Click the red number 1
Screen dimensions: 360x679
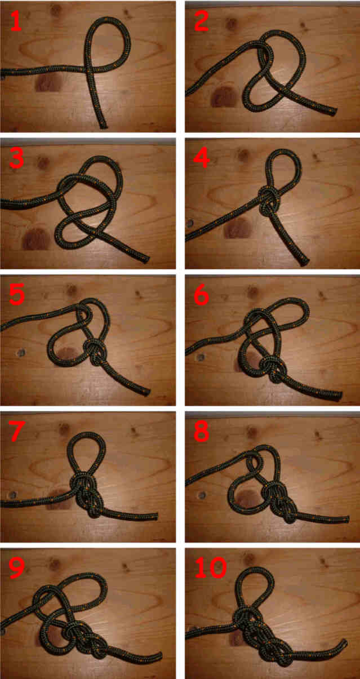tap(16, 21)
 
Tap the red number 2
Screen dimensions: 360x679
tap(201, 21)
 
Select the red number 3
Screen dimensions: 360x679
tap(17, 158)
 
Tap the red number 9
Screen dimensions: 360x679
tap(17, 568)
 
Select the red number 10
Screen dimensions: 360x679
tap(211, 568)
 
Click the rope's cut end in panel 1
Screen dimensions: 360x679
tap(103, 125)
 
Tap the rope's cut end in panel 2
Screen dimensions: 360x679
tap(334, 111)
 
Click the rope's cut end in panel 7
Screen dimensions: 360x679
tap(155, 516)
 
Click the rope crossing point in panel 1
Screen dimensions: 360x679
tap(89, 68)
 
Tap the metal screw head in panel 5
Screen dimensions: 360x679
tap(21, 353)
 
